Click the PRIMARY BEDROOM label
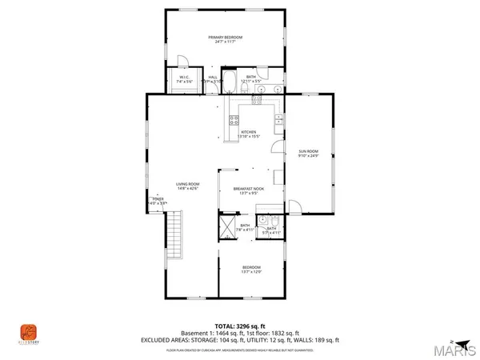pos(225,38)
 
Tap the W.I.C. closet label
pos(183,78)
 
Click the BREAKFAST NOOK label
pos(248,188)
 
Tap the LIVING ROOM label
pos(187,185)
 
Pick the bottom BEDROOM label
pos(251,267)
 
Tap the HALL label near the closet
pos(213,77)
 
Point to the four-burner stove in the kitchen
pos(234,121)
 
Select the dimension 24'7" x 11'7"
pos(225,42)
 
